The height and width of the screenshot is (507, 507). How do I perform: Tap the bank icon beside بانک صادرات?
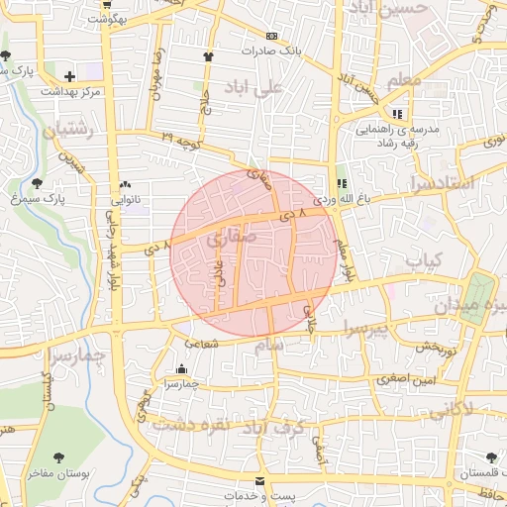pos(272,36)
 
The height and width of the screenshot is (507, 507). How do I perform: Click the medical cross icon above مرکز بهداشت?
pos(69,75)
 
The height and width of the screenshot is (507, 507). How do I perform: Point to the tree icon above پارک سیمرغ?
pos(38,183)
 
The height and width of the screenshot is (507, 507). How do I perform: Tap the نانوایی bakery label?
pos(123,199)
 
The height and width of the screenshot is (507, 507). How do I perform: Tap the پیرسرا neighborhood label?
pos(370,326)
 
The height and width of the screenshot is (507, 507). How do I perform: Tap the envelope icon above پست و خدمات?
pos(260,480)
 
